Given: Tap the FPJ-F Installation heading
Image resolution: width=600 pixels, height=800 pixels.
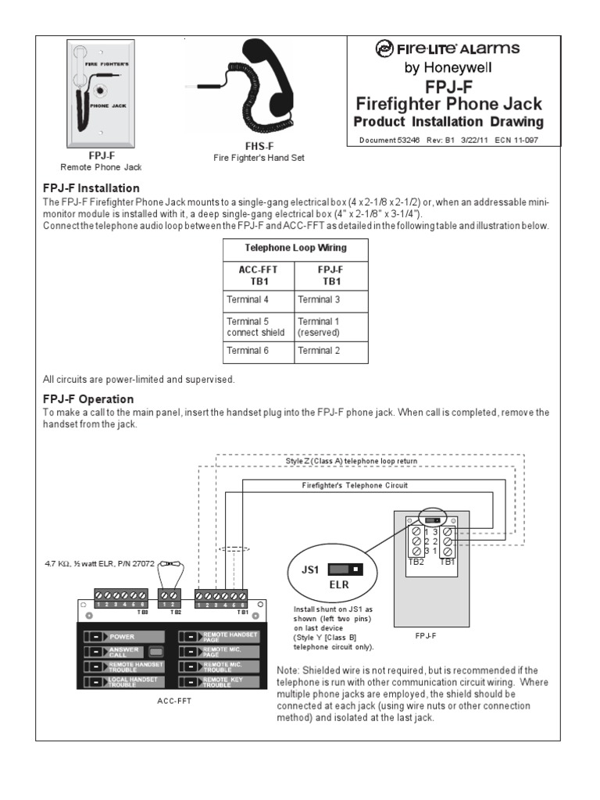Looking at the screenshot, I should coord(91,188).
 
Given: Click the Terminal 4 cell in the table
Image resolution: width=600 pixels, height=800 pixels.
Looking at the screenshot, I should coord(248,299).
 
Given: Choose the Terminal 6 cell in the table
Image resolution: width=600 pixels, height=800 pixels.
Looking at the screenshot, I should coord(248,351).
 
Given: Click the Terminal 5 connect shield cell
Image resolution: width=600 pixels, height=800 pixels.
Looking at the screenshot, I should coord(255,327).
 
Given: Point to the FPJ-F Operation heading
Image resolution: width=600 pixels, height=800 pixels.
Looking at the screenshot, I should coord(87,399).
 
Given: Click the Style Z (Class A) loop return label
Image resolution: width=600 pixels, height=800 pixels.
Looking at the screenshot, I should coord(352,461).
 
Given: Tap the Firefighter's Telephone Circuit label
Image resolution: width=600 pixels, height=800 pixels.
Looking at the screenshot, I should coord(355,485).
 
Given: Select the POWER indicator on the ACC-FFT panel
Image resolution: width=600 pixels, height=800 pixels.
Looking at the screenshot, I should coord(122,637).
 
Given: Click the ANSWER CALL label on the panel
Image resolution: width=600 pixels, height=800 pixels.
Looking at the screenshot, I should coord(123,651).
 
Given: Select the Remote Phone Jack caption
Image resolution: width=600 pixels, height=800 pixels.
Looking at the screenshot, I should coord(102,167).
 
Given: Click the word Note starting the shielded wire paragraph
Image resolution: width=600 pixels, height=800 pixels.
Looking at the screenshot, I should coord(290,670).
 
